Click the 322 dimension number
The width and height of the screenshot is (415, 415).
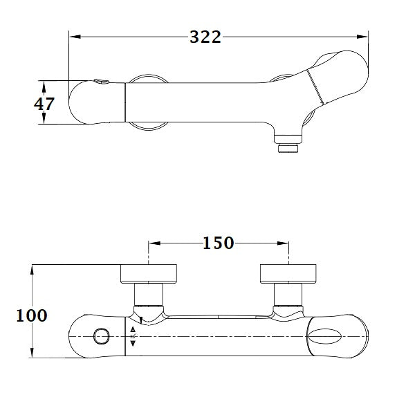205,37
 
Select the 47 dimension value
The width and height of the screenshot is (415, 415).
44,103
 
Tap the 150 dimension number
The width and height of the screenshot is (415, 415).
218,243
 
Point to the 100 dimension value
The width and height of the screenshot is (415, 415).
32,315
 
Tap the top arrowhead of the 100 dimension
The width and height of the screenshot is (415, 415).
33,269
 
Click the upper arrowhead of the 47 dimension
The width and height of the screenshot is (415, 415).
44,86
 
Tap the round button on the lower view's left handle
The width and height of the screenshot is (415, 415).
101,337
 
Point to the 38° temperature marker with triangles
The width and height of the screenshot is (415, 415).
132,336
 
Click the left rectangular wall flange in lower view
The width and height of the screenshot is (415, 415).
149,274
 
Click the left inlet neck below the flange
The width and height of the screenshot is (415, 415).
147,296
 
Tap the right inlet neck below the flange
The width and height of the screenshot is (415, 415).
288,296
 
